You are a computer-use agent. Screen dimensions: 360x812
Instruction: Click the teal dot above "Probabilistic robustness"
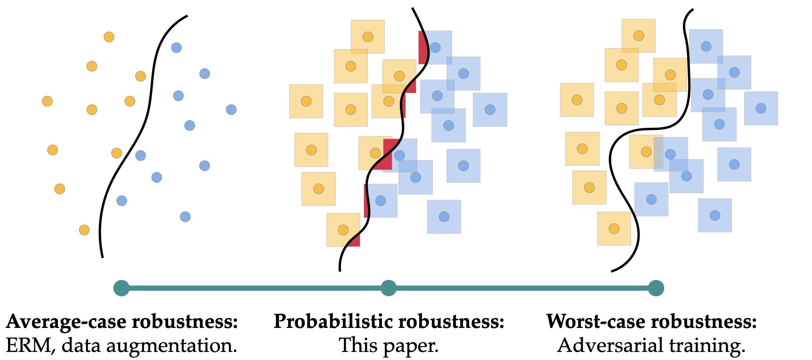[389, 288]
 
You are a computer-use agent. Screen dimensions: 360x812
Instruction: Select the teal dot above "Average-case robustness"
[122, 288]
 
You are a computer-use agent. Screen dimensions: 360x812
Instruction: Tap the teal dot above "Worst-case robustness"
[656, 288]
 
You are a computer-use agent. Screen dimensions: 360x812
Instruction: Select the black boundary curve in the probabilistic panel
[403, 118]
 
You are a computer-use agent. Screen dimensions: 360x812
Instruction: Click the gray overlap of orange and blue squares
[658, 153]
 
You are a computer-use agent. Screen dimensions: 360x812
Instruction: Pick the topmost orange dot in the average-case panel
[109, 37]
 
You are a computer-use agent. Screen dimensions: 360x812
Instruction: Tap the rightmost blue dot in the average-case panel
[231, 110]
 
